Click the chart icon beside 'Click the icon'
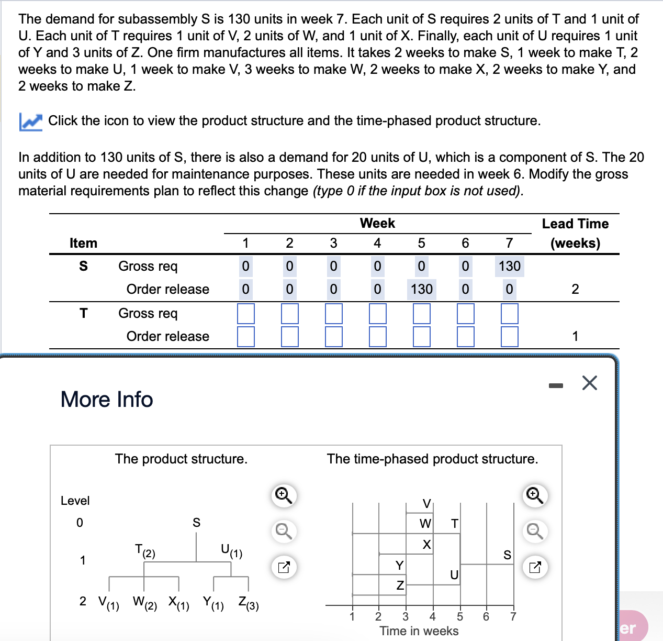click(30, 121)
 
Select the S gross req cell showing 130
click(509, 266)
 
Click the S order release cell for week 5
click(421, 289)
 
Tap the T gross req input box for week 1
click(245, 313)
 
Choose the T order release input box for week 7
click(509, 336)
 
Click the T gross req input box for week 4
click(377, 313)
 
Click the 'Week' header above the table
click(377, 223)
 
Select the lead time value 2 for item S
click(575, 289)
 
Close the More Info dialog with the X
click(589, 383)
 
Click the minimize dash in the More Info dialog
click(556, 386)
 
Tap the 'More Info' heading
click(107, 399)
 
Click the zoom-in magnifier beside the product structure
click(284, 495)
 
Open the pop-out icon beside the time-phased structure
click(535, 567)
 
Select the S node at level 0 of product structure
click(196, 523)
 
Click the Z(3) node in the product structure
click(248, 603)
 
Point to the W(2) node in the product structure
click(144, 603)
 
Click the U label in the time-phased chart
click(454, 575)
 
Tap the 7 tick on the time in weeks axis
click(513, 616)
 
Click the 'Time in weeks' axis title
click(419, 631)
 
